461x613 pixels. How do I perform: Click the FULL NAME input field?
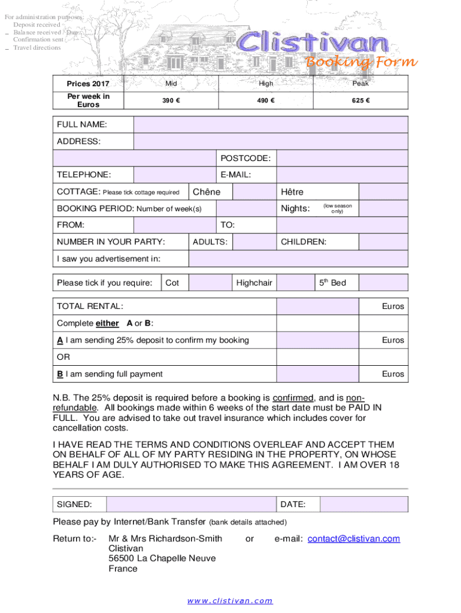[271, 125]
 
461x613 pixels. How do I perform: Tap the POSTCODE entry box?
[342, 158]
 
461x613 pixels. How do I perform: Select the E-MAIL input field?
[342, 175]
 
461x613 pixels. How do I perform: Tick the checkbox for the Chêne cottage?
[254, 192]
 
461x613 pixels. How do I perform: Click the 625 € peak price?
[360, 101]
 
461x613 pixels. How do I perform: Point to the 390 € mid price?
[171, 101]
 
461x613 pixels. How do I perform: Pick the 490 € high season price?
[266, 101]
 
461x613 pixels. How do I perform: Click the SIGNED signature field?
[192, 505]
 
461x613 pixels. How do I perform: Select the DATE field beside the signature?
[363, 505]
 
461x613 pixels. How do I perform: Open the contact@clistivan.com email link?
[353, 539]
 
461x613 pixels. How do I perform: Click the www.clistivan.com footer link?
[230, 600]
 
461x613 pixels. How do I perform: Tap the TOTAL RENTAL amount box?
[317, 306]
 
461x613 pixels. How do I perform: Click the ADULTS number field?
[254, 242]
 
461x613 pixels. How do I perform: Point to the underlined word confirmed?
[293, 397]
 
